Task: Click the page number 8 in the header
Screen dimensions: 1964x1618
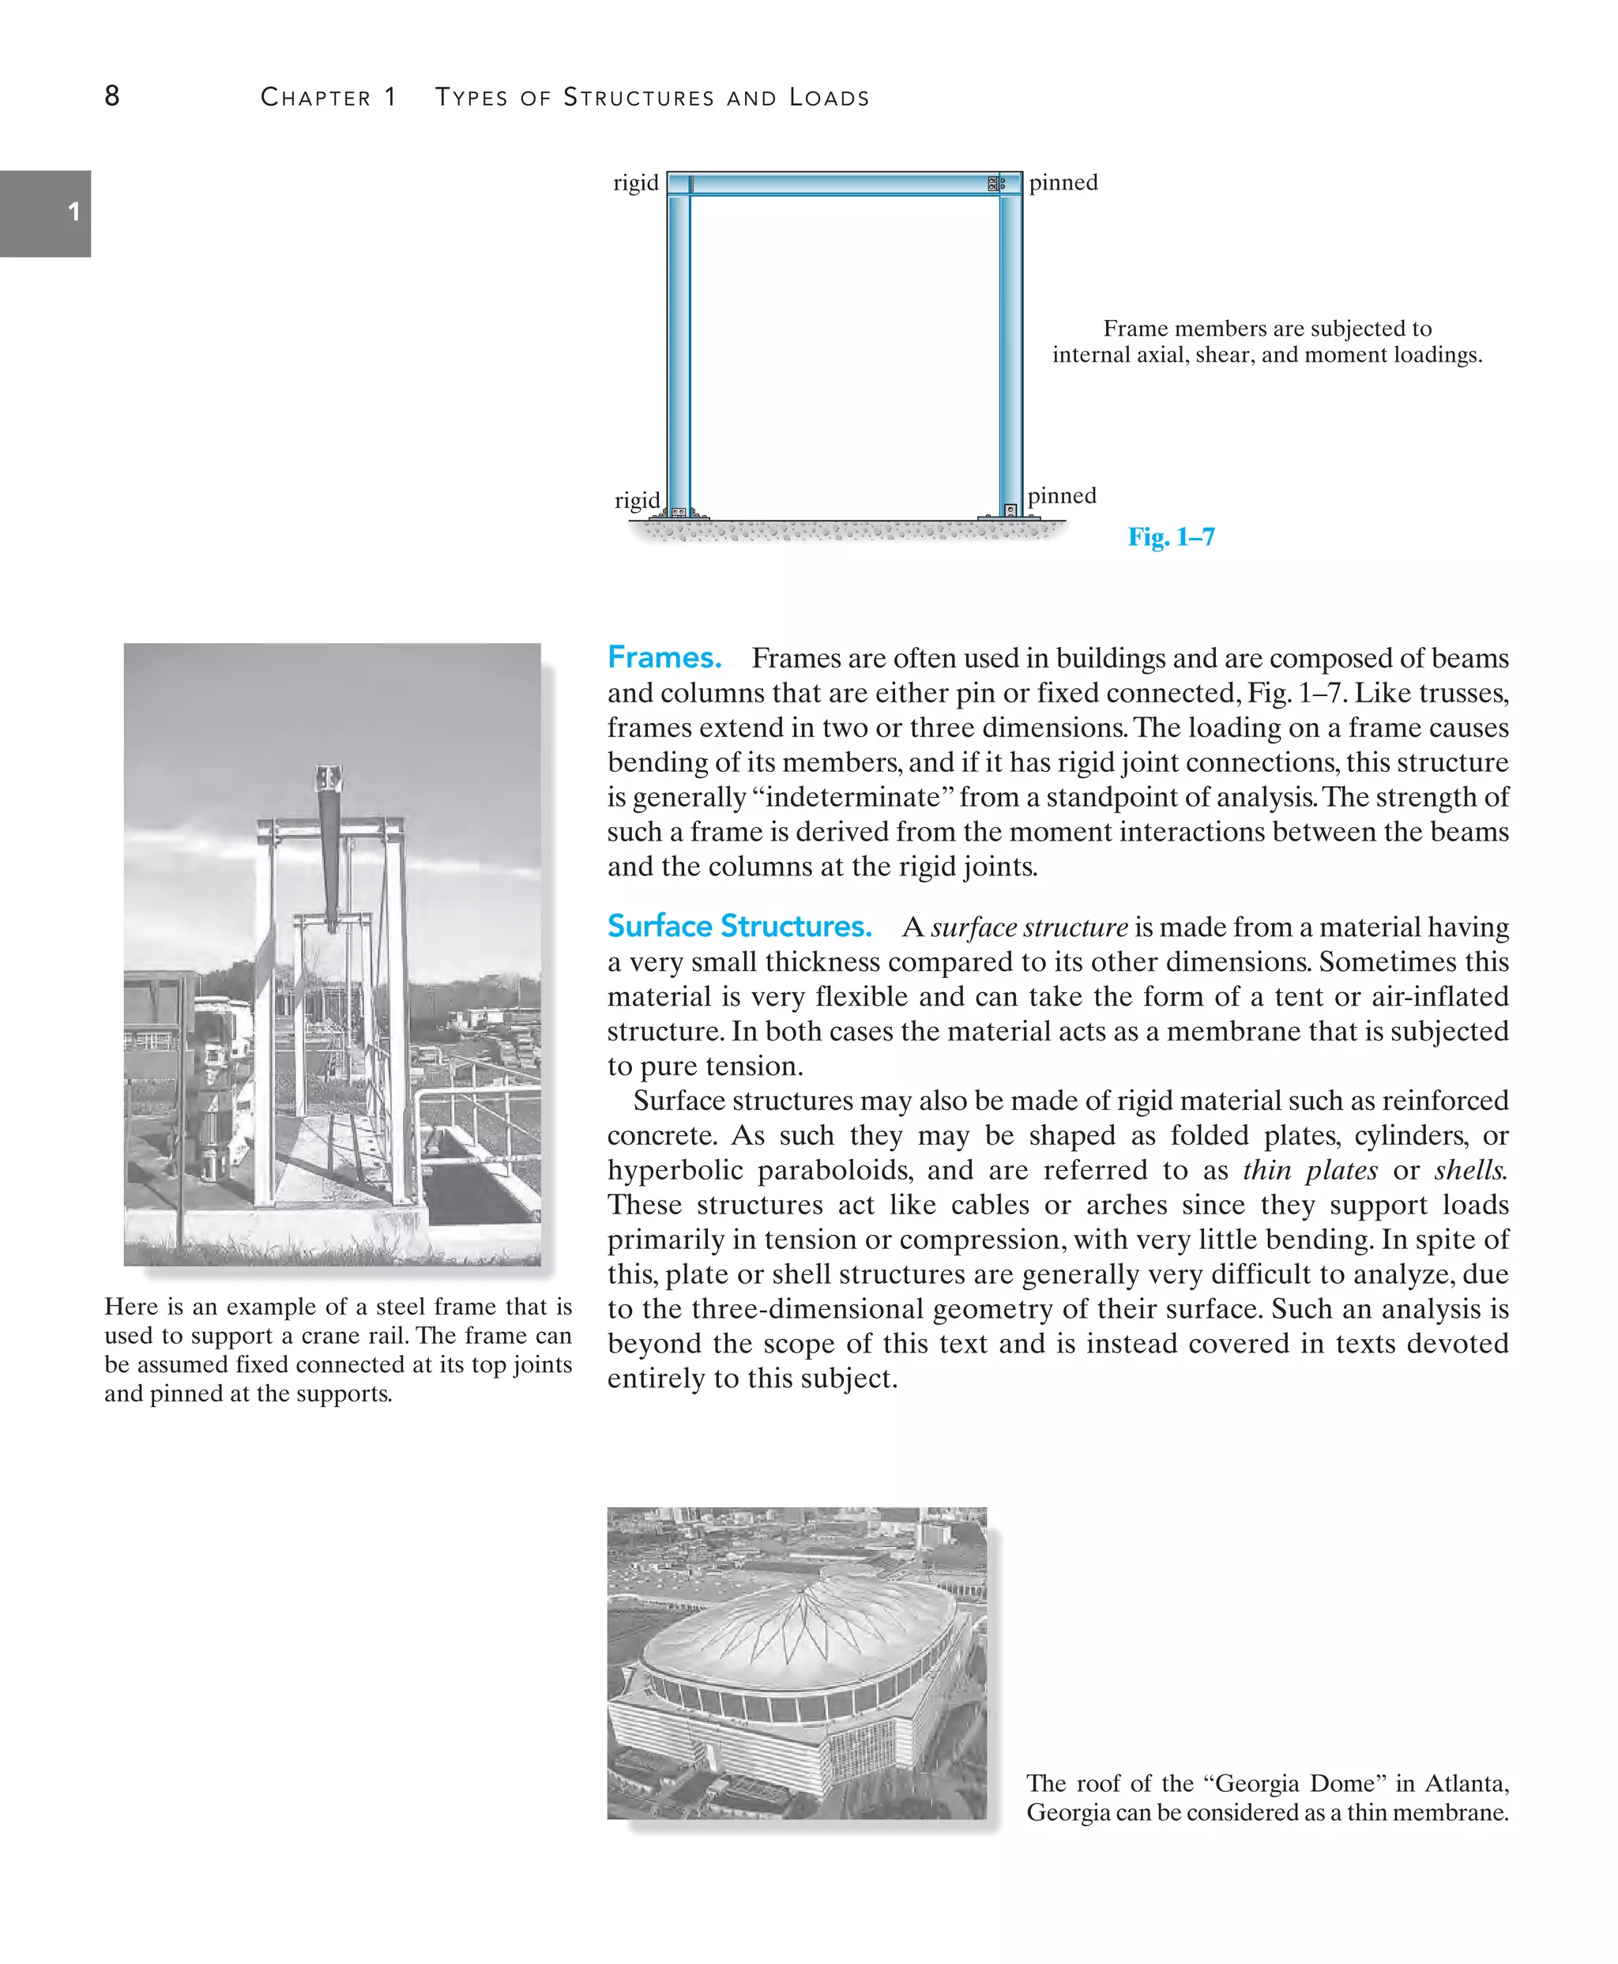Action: [x=112, y=96]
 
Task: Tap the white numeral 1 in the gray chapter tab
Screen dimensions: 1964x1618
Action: [x=73, y=212]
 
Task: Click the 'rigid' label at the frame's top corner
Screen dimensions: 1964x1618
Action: [x=636, y=182]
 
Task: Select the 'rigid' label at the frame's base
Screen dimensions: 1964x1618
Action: [x=637, y=501]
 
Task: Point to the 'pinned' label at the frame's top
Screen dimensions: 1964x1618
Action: [x=1063, y=182]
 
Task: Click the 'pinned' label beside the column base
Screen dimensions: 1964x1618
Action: [x=1062, y=495]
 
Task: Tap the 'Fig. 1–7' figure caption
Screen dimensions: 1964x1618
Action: [x=1171, y=537]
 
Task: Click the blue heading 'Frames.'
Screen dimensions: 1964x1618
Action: [x=664, y=657]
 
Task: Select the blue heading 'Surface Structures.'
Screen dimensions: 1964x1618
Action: [x=739, y=926]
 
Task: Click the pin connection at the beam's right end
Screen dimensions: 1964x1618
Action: [x=995, y=183]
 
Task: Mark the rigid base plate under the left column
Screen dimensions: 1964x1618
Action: [x=679, y=514]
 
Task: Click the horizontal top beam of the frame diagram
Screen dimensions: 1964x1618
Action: [x=839, y=183]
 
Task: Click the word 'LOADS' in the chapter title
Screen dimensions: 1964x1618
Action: [x=829, y=98]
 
